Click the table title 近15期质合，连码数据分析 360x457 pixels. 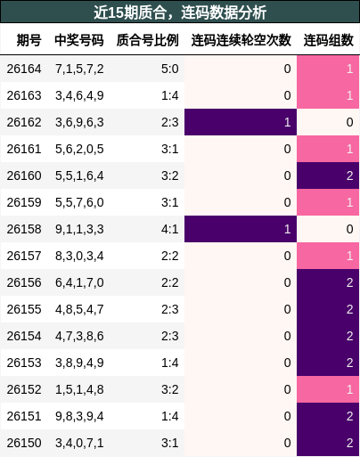[180, 12]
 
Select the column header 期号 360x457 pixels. [29, 40]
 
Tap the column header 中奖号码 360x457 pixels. [79, 40]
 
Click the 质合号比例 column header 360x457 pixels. [148, 40]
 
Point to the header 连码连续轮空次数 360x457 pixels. [241, 40]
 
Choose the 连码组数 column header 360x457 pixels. [329, 40]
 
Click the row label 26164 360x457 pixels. [24, 69]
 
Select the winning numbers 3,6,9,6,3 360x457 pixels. [79, 122]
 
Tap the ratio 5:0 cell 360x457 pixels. [170, 69]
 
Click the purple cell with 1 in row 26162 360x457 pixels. [241, 122]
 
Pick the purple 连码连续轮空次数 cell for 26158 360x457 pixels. [241, 229]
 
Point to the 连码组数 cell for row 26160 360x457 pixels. [328, 175]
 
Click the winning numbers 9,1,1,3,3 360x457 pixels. [79, 229]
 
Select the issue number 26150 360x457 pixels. [24, 443]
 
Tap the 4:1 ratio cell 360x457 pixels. [170, 229]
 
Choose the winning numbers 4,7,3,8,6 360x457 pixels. [79, 336]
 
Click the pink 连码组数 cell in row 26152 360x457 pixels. [328, 389]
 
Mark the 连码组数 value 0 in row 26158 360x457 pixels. [350, 229]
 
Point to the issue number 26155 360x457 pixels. [24, 309]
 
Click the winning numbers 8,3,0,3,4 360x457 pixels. [79, 256]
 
